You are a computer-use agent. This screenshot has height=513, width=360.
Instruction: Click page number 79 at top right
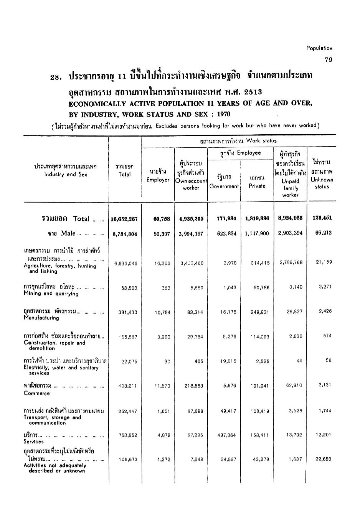[x=328, y=59]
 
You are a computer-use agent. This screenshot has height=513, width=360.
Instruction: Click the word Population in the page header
[x=319, y=48]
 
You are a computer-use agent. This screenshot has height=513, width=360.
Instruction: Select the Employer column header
[x=158, y=180]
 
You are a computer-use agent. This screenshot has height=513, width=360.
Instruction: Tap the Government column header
[x=224, y=186]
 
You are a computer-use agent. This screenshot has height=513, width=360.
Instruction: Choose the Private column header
[x=257, y=186]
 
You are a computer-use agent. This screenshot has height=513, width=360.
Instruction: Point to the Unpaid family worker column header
[x=290, y=188]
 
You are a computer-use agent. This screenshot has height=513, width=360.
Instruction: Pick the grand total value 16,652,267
[x=124, y=219]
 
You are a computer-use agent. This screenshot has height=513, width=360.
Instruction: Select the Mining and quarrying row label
[x=51, y=294]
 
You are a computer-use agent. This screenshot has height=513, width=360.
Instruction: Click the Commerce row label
[x=37, y=393]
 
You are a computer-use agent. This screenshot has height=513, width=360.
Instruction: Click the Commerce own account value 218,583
[x=194, y=386]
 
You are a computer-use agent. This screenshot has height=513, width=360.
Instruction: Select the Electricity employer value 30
[x=167, y=361]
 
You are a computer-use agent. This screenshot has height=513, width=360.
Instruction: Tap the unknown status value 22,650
[x=324, y=459]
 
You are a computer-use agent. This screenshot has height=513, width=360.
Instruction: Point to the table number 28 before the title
[x=56, y=77]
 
